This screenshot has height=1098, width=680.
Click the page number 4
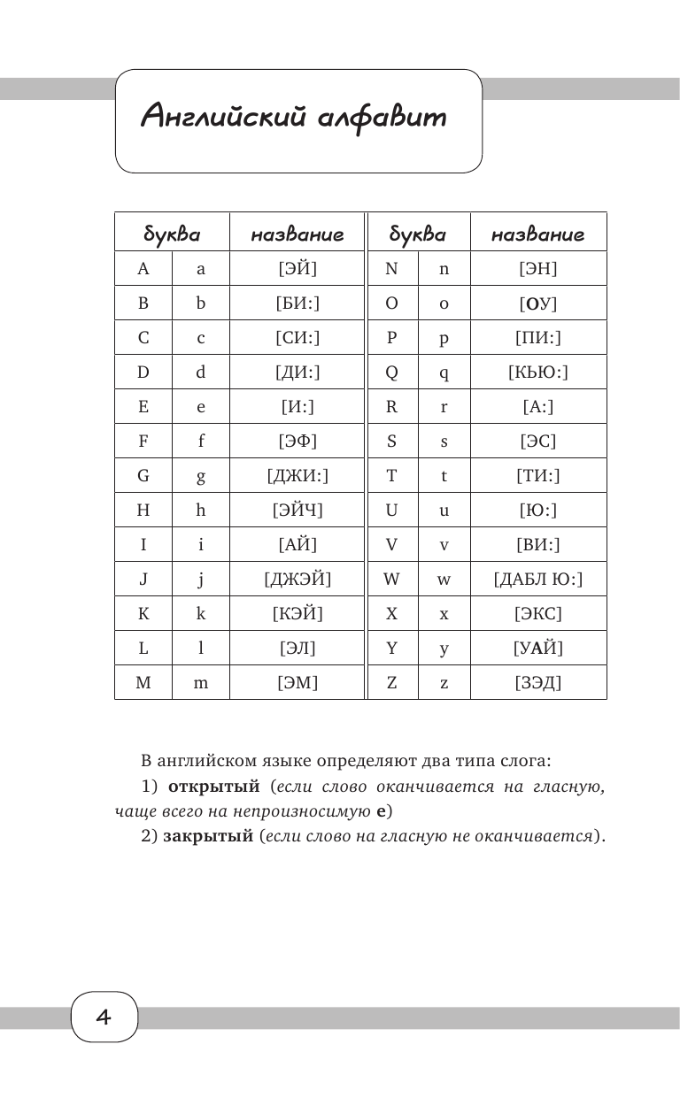point(104,1017)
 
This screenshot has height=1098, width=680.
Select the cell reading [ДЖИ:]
point(297,476)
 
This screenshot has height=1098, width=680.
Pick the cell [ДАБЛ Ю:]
point(538,580)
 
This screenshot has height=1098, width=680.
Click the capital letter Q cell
point(390,372)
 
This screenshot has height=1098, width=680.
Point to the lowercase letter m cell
point(201,682)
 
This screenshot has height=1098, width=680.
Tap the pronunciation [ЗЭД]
point(538,682)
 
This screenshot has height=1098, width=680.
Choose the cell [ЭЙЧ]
point(297,511)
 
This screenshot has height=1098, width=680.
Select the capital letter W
point(390,580)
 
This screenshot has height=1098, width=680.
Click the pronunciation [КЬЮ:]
point(538,372)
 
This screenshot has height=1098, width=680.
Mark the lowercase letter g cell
point(201,476)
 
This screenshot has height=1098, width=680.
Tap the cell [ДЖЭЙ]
point(297,580)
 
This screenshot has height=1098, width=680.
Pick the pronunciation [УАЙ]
point(538,649)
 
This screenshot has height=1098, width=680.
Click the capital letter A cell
point(143,269)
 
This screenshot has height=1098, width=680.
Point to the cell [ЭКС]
point(538,613)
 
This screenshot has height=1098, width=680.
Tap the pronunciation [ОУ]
point(538,304)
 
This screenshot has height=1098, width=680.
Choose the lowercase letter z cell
point(444,682)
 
